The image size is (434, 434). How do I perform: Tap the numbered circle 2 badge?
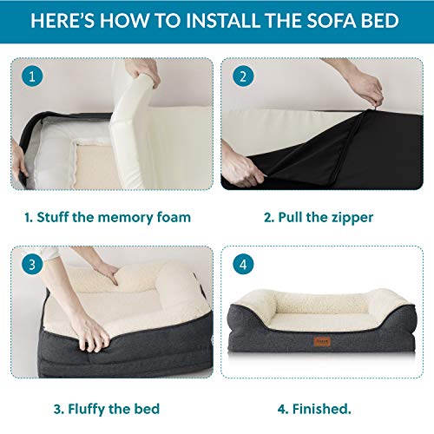[x=242, y=76]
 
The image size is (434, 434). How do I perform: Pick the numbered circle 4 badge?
[x=242, y=264]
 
